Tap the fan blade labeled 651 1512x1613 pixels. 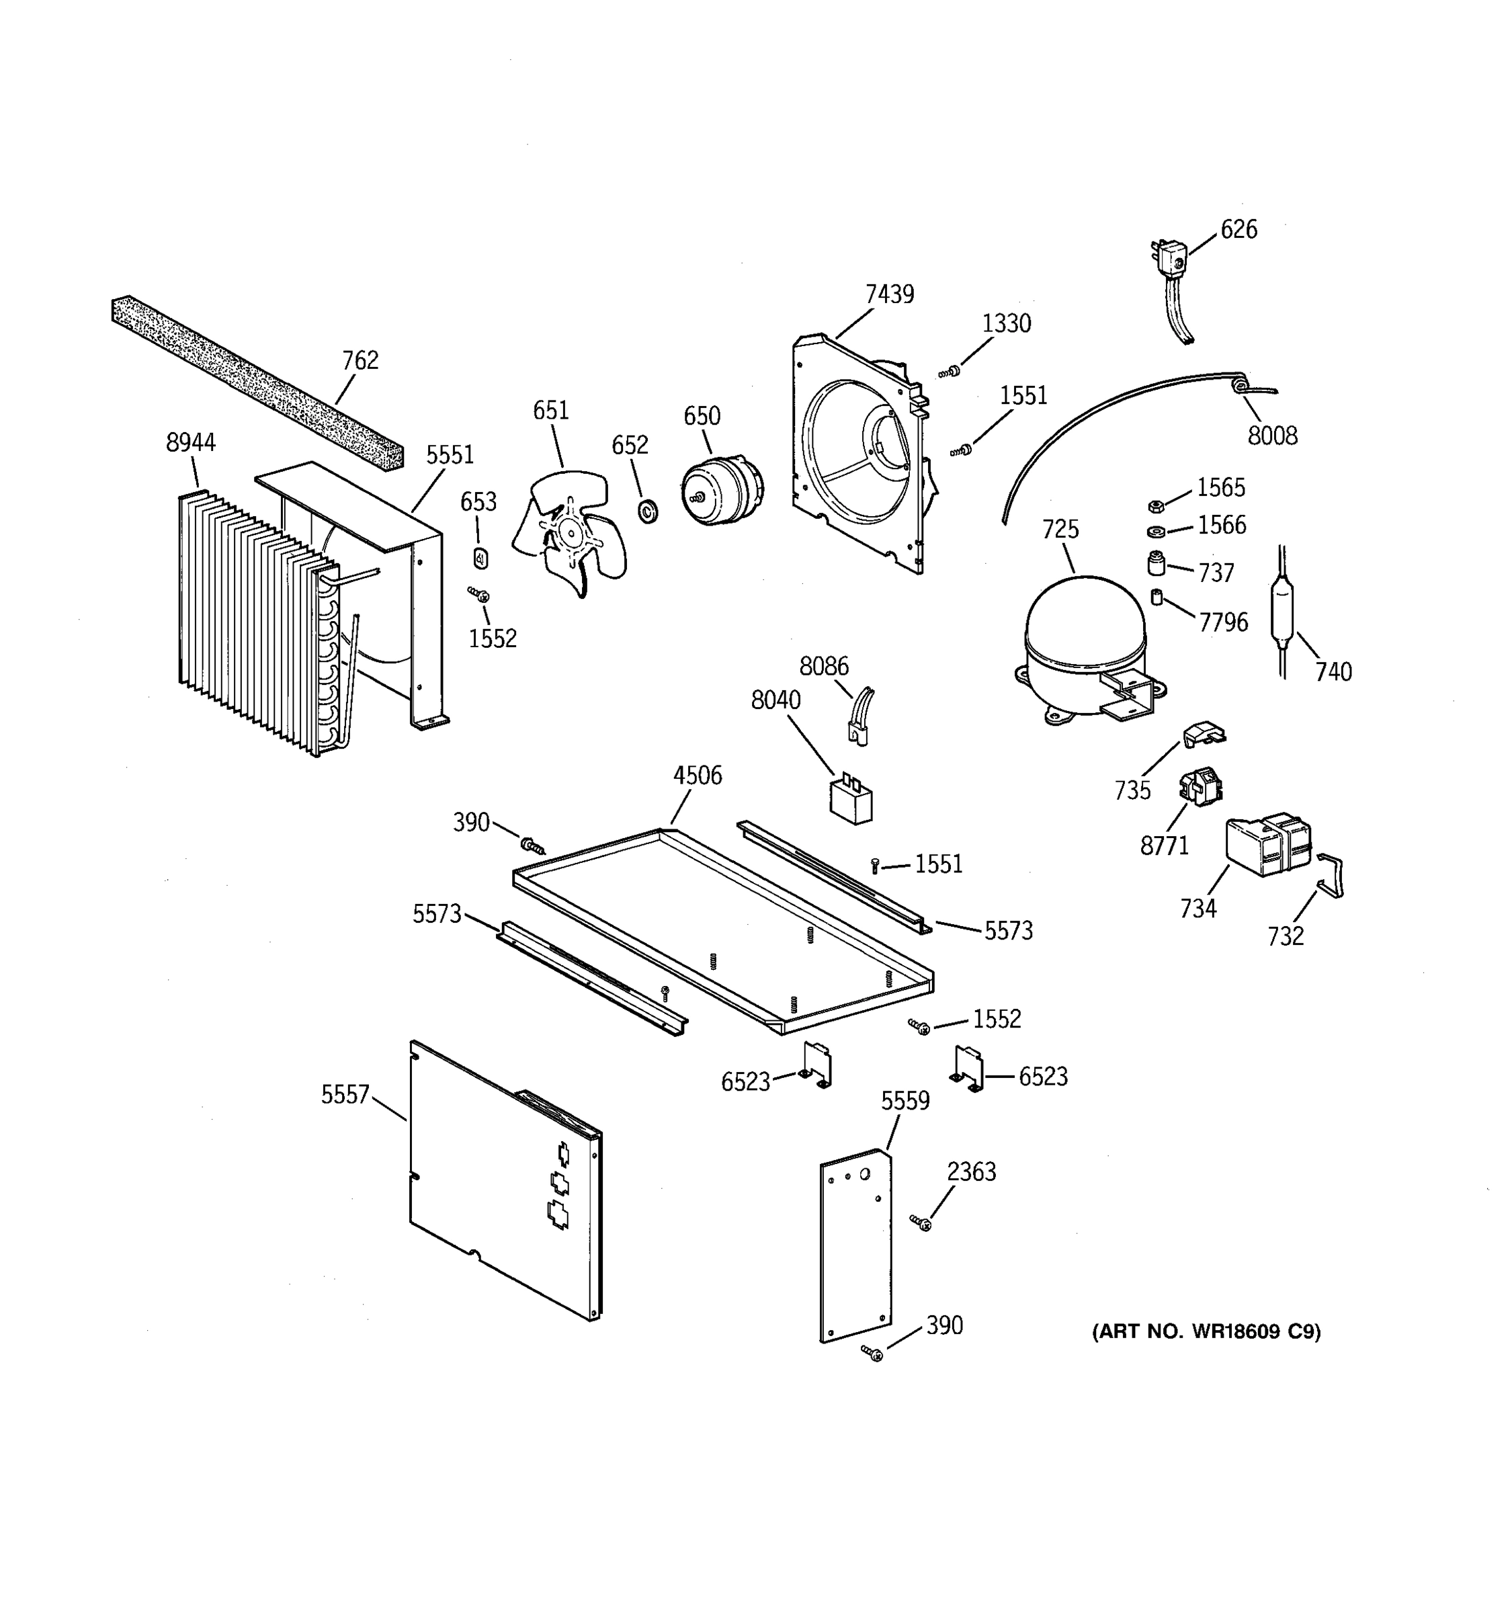click(571, 532)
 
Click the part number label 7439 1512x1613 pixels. click(889, 294)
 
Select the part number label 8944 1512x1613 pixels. click(191, 443)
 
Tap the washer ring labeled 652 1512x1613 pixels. click(648, 512)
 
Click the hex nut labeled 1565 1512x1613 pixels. click(1157, 506)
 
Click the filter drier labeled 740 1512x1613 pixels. click(1282, 610)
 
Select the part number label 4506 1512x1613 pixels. click(697, 776)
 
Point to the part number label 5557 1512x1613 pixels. click(345, 1095)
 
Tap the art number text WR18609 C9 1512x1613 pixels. click(1206, 1332)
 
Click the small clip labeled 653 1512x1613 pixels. click(480, 559)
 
